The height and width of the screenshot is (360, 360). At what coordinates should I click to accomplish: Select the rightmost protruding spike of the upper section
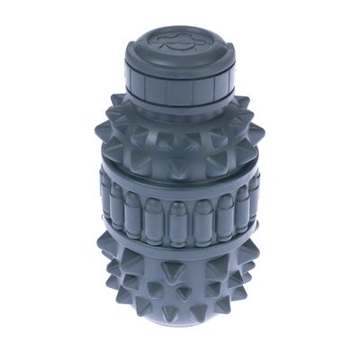point(261,135)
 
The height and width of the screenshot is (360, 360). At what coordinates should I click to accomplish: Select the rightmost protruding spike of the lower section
point(264,270)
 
